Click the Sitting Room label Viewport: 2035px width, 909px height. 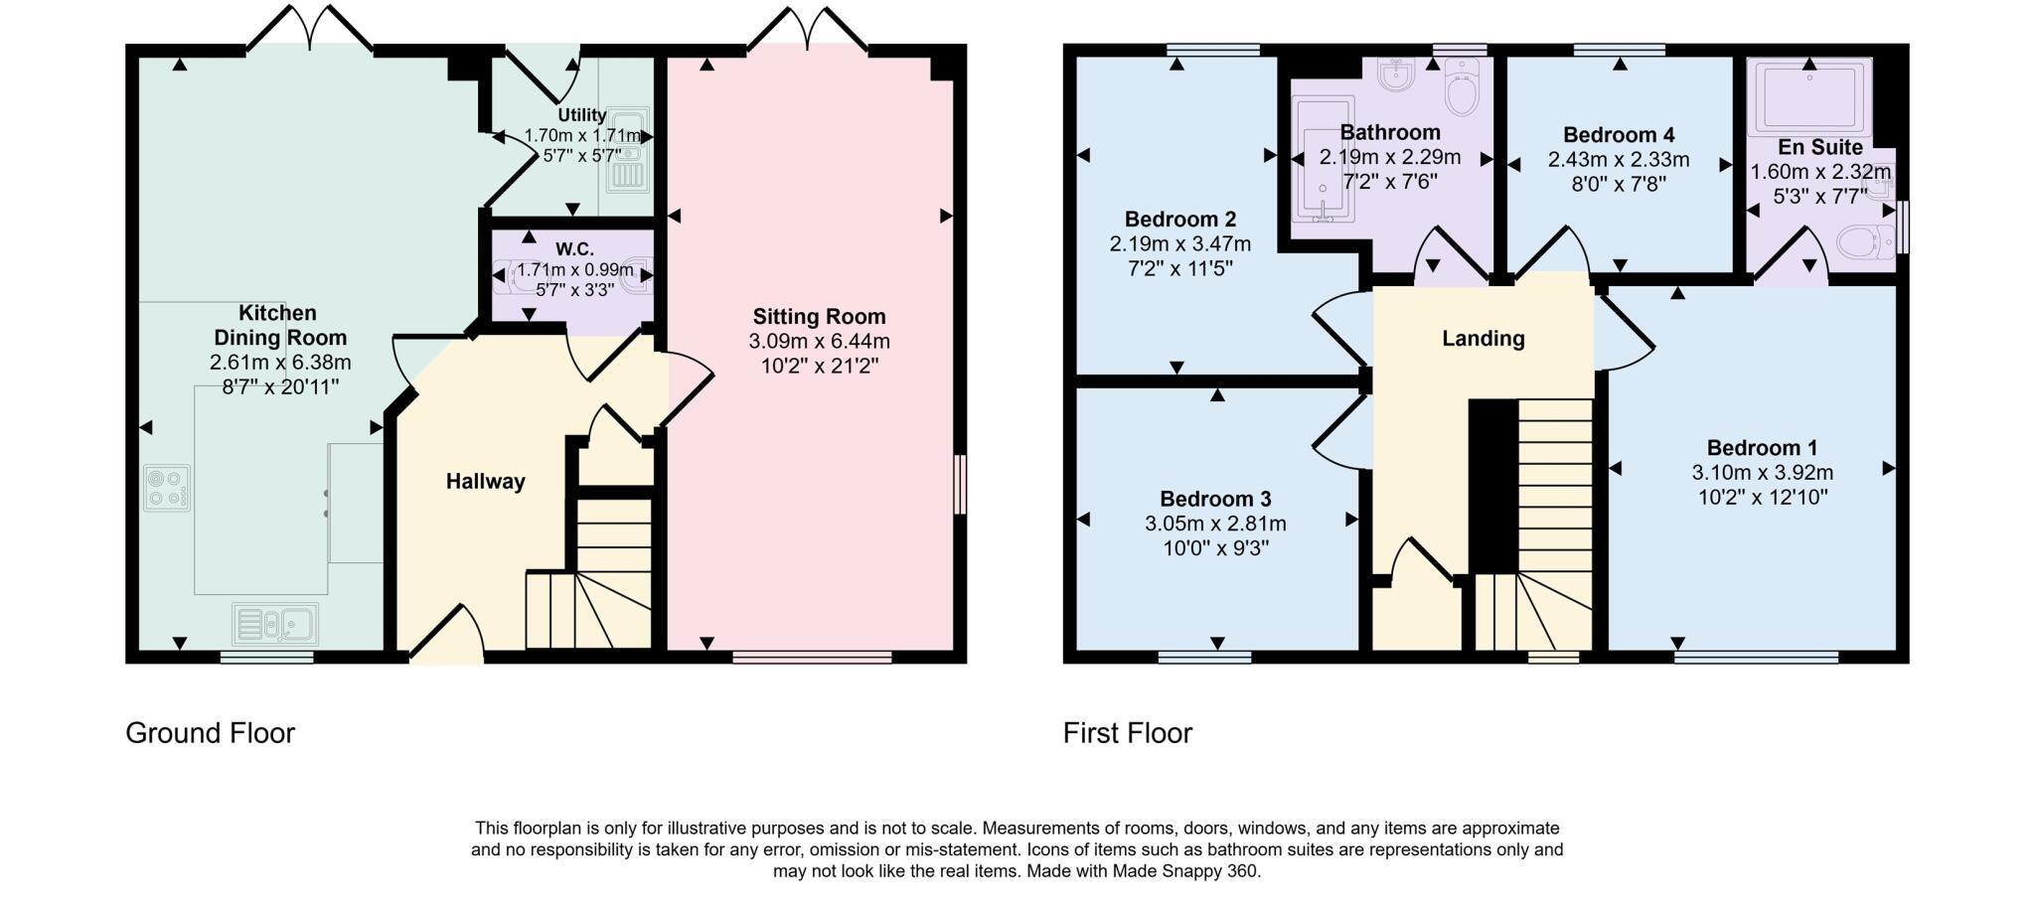pyautogui.click(x=819, y=317)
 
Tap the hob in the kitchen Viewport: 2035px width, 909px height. pyautogui.click(x=167, y=488)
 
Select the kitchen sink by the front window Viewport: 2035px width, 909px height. pyautogui.click(x=275, y=624)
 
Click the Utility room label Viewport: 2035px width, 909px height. pyautogui.click(x=581, y=115)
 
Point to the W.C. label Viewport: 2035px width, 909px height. pyautogui.click(x=574, y=249)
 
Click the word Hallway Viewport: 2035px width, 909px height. pyautogui.click(x=485, y=482)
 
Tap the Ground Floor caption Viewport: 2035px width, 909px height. pyautogui.click(x=210, y=733)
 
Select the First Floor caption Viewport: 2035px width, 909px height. pyautogui.click(x=1127, y=733)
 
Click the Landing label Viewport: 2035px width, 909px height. pyautogui.click(x=1483, y=339)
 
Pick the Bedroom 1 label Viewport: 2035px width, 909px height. pyautogui.click(x=1762, y=448)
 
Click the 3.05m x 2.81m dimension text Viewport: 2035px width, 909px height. pyautogui.click(x=1215, y=524)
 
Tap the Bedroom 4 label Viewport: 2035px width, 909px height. pyautogui.click(x=1619, y=135)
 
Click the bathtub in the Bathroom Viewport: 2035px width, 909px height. pyautogui.click(x=1323, y=159)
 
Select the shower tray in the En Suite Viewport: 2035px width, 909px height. pyautogui.click(x=1808, y=96)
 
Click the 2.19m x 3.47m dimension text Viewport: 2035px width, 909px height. pyautogui.click(x=1179, y=243)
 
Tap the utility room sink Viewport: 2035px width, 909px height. pyautogui.click(x=628, y=149)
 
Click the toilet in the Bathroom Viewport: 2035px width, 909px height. pyautogui.click(x=1462, y=87)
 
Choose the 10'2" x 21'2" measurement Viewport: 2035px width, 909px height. pyautogui.click(x=819, y=366)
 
